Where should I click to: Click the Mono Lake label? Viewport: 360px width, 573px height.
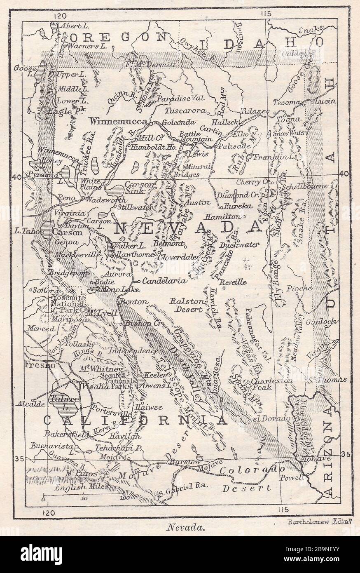point(115,289)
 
